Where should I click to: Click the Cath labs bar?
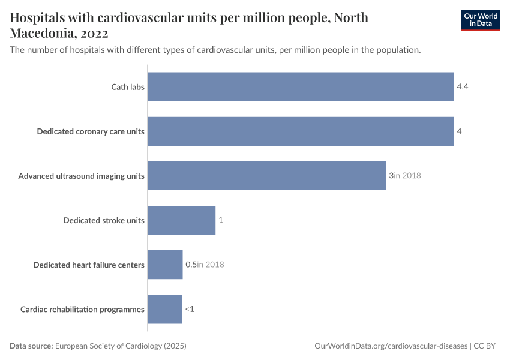(300, 87)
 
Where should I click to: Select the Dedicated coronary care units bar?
(300, 131)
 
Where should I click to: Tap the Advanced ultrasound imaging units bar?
(266, 176)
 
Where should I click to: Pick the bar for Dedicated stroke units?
(181, 220)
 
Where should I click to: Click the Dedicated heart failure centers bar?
(165, 265)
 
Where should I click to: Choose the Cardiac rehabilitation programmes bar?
(164, 309)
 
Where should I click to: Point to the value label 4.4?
(462, 87)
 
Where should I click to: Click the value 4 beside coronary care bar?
(458, 131)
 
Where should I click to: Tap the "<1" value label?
(190, 309)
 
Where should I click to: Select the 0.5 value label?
(191, 265)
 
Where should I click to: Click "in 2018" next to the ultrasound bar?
(407, 176)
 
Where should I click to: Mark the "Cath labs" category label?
(128, 87)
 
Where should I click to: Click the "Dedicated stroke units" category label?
(104, 220)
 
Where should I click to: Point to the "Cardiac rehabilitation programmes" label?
(82, 309)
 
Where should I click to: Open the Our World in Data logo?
(480, 20)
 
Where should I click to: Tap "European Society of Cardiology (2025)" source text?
(121, 346)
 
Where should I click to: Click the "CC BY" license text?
(485, 346)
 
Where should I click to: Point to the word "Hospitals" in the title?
(40, 17)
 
